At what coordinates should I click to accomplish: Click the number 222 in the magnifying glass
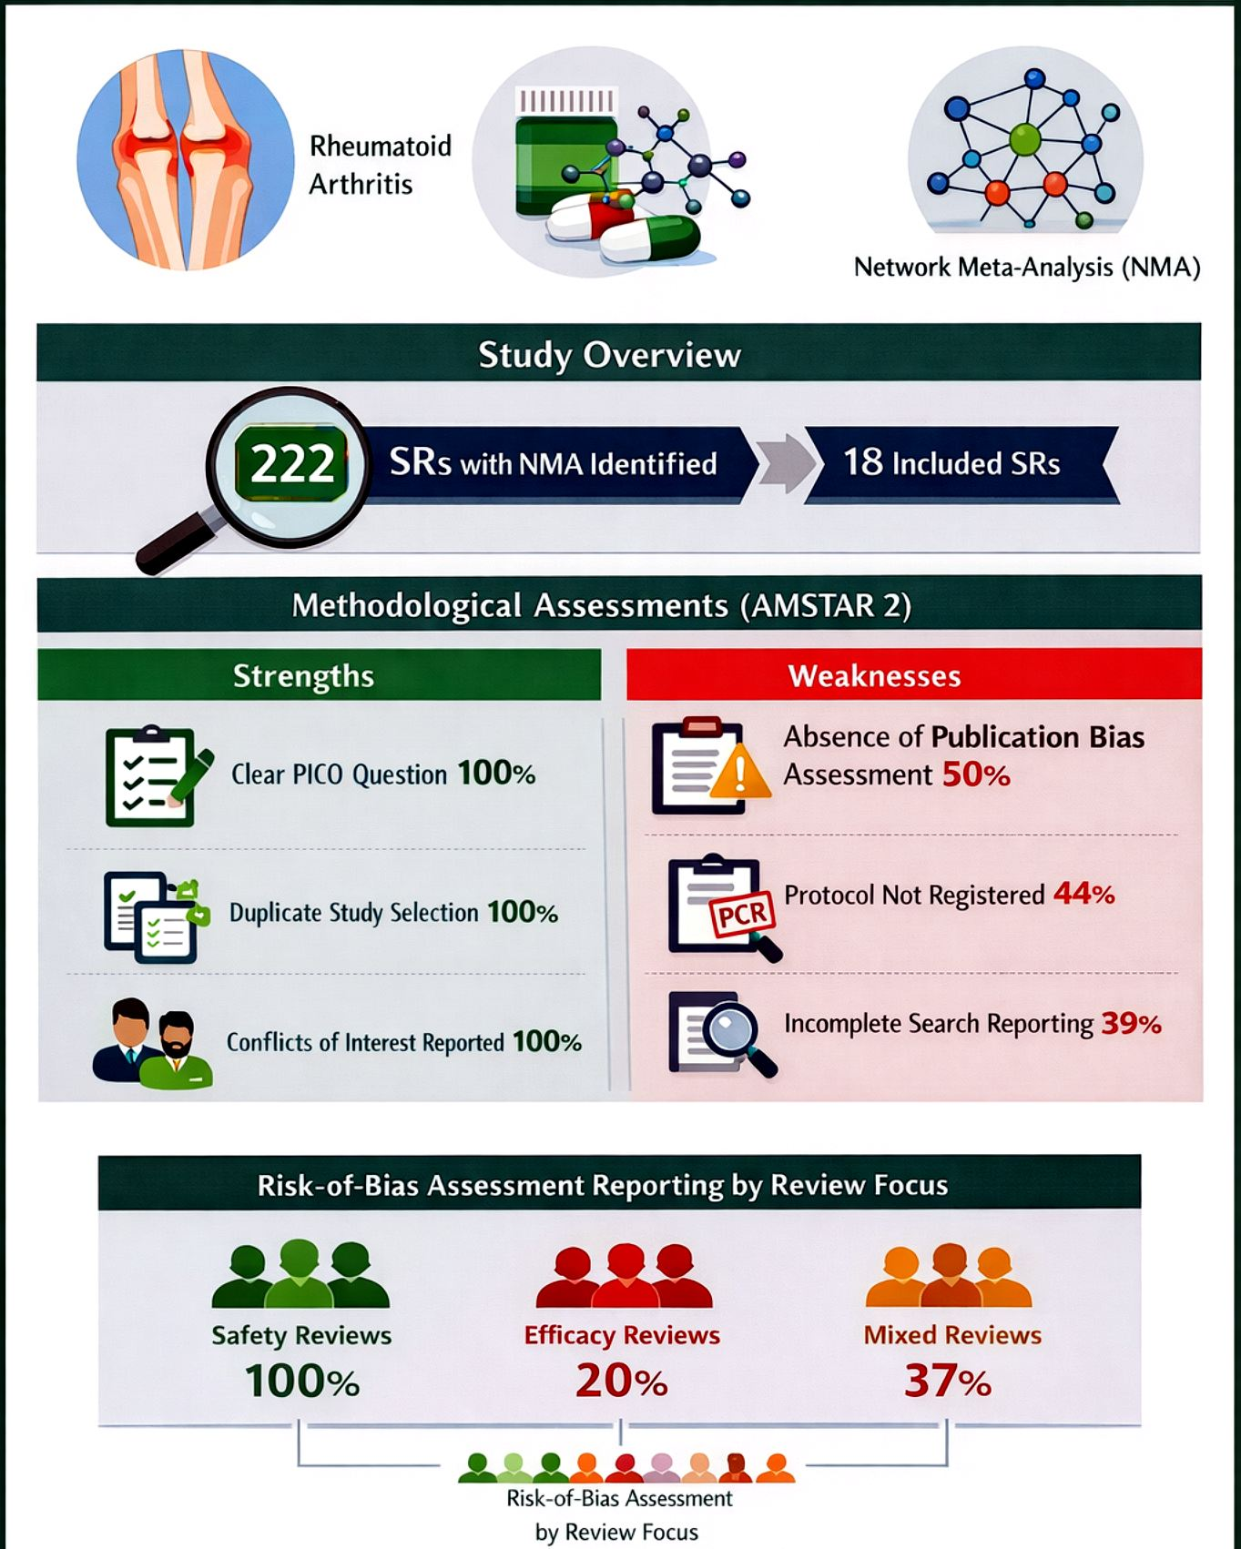(x=292, y=463)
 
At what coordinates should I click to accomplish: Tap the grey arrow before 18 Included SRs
(x=785, y=463)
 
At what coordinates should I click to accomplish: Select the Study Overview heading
(x=609, y=354)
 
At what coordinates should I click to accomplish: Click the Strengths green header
(x=303, y=675)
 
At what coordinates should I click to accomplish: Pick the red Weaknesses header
(x=874, y=675)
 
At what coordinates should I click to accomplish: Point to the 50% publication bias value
(x=975, y=775)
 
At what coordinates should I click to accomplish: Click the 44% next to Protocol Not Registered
(x=1083, y=894)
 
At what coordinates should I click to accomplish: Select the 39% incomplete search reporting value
(x=1131, y=1024)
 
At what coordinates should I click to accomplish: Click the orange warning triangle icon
(x=739, y=774)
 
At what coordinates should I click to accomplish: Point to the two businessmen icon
(x=153, y=1043)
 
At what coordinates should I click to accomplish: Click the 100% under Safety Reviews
(x=302, y=1381)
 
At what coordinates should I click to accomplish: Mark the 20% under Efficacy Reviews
(x=622, y=1381)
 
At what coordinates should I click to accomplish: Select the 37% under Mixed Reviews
(x=947, y=1381)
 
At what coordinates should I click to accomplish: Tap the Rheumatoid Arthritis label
(x=380, y=165)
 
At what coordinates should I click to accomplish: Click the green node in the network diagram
(x=1024, y=139)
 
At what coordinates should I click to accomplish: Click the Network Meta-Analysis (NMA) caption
(x=1027, y=268)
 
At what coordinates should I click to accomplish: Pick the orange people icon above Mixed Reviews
(x=949, y=1277)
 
